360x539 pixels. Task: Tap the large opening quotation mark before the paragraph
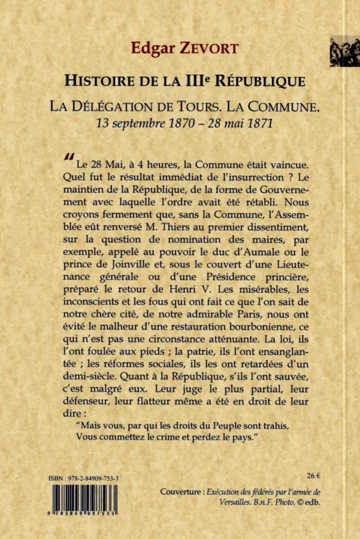click(x=68, y=156)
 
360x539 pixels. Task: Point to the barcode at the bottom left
click(x=84, y=501)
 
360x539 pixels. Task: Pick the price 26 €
click(x=313, y=476)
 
